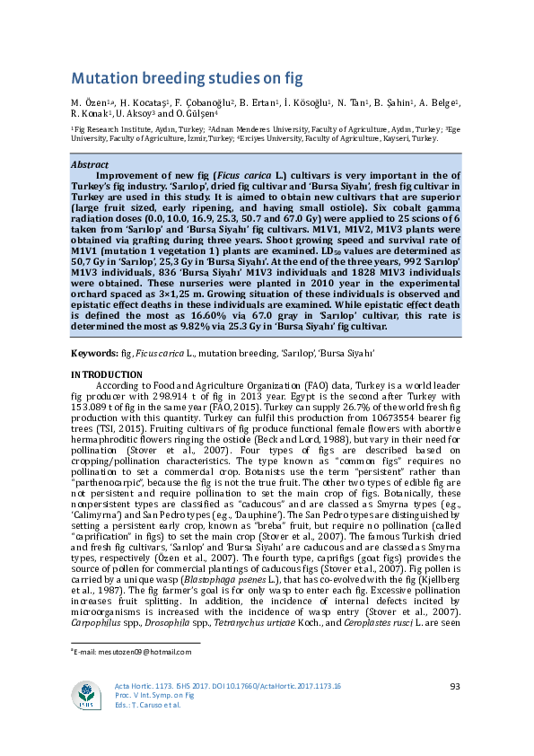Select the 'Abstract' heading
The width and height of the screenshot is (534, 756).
90,165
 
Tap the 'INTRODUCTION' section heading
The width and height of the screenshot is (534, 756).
106,374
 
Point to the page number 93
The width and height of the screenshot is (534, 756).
454,687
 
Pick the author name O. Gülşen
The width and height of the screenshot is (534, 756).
210,115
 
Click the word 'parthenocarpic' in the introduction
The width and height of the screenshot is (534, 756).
101,486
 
